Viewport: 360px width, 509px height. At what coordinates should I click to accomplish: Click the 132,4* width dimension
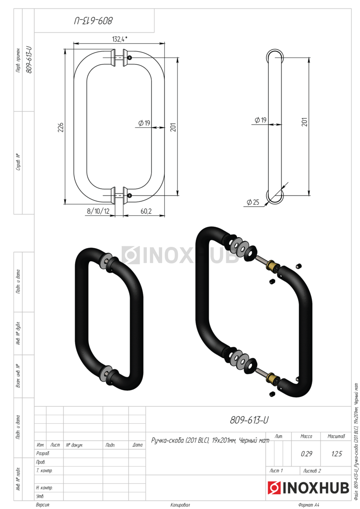[119, 39]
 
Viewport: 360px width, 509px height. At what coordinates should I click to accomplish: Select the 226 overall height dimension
[61, 127]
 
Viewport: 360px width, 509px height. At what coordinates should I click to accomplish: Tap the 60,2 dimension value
[146, 211]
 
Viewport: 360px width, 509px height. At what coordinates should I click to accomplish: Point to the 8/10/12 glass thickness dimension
[98, 211]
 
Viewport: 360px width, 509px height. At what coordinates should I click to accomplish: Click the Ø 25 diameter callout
[253, 202]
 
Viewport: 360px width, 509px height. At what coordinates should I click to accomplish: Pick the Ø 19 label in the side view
[260, 120]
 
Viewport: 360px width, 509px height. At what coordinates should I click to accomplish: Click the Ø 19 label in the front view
[144, 123]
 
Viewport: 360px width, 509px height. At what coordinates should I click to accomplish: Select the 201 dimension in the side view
[305, 122]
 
